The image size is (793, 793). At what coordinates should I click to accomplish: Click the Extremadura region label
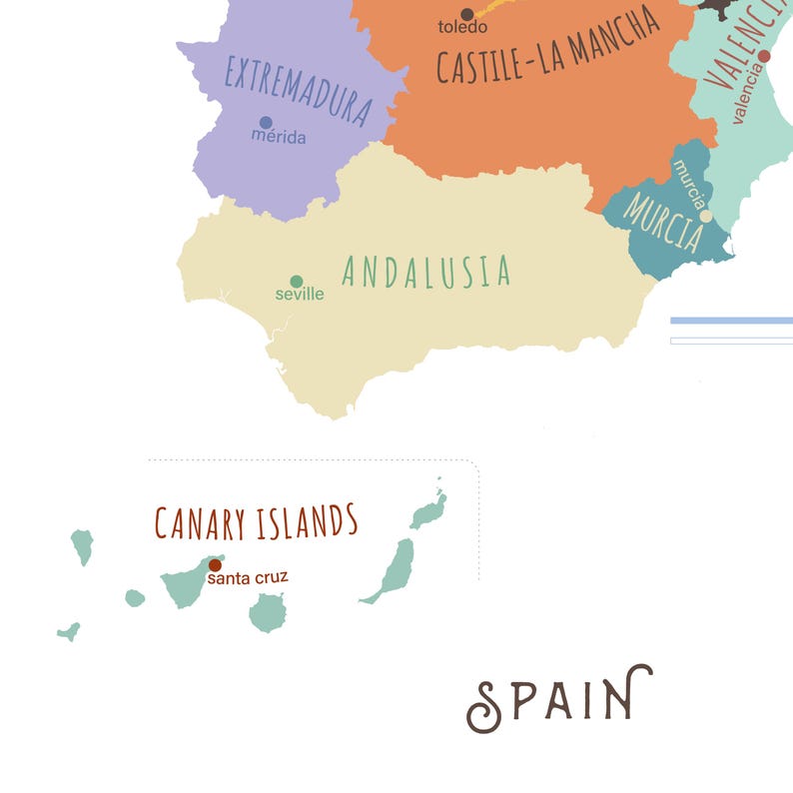tap(299, 91)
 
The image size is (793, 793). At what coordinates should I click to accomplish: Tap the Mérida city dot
tap(266, 123)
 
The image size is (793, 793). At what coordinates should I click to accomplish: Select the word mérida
tap(279, 138)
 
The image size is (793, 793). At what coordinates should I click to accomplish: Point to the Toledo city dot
tap(466, 14)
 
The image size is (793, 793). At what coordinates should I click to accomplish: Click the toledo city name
tap(462, 28)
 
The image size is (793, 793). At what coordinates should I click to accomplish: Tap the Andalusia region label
tap(426, 271)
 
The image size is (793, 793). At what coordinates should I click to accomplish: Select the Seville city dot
tap(297, 282)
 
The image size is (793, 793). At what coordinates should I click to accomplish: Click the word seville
tap(300, 295)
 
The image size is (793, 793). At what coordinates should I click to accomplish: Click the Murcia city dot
tap(706, 216)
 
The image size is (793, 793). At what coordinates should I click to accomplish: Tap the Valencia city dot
tap(764, 56)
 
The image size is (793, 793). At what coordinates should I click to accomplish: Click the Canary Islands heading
tap(256, 521)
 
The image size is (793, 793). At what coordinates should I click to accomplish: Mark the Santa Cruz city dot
tap(215, 565)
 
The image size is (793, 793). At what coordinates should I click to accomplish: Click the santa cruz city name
tap(249, 577)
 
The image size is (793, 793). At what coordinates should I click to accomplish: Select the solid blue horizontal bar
tap(731, 321)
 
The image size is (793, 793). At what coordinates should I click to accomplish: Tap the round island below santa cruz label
tap(267, 612)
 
